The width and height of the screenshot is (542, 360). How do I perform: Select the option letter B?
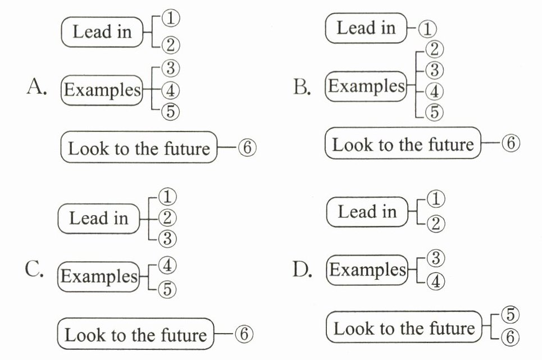(x=302, y=88)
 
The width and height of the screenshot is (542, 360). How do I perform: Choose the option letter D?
(x=303, y=271)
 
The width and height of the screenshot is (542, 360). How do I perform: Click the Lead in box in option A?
(x=102, y=32)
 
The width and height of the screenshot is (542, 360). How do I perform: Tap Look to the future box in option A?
(x=138, y=148)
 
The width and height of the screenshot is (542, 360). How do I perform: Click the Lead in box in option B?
(x=366, y=28)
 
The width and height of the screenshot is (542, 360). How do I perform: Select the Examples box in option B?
(x=366, y=86)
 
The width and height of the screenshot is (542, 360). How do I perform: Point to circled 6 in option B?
(x=511, y=144)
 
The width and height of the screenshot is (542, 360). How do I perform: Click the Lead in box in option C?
(x=99, y=218)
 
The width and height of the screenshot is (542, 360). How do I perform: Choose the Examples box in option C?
(x=99, y=276)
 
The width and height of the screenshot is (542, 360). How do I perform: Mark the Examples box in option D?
(x=367, y=270)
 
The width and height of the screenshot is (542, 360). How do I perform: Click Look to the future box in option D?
(x=404, y=328)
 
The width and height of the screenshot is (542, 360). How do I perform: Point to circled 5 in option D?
(x=510, y=315)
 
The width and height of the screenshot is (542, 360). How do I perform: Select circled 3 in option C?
(x=167, y=238)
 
